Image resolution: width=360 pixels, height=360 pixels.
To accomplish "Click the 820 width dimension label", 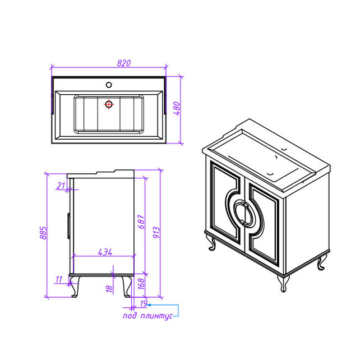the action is click(123, 63).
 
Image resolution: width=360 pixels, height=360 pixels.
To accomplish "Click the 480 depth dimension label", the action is click(177, 108).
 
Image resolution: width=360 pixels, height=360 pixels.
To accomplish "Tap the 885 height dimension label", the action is click(43, 233).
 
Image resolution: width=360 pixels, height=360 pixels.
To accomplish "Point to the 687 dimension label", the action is click(141, 222).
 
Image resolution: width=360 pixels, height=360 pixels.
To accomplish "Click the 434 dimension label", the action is click(105, 252).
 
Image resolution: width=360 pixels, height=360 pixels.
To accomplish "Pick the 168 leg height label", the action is click(141, 284).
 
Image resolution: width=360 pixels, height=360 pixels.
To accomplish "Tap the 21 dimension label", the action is click(61, 186).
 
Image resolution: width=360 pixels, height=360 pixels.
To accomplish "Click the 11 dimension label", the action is click(59, 279).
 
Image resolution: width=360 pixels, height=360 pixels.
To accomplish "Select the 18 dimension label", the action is click(109, 289).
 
